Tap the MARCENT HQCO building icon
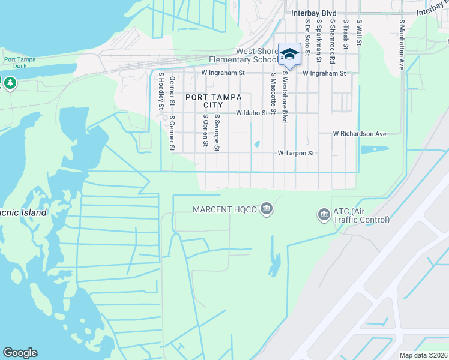pos(267,209)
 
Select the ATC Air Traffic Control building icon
pos(324,214)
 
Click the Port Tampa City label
pos(213,101)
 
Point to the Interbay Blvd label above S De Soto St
pos(314,13)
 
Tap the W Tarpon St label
pos(295,153)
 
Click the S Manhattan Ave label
pos(401,44)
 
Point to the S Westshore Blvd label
pos(285,98)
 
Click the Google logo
pos(20,353)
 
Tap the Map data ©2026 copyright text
pos(423,355)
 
